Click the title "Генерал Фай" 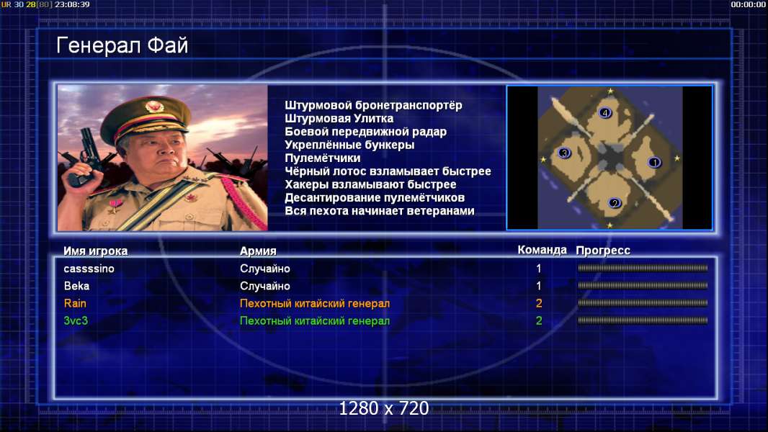[x=122, y=45]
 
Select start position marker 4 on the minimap [x=605, y=113]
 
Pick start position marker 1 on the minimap [x=654, y=162]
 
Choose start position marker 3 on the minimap [x=564, y=153]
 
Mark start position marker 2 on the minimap [x=615, y=202]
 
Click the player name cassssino [x=89, y=269]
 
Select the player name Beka [x=76, y=286]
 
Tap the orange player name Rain [x=75, y=303]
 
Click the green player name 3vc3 [x=76, y=321]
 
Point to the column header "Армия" [x=258, y=251]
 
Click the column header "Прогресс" [x=603, y=251]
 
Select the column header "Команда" [x=542, y=250]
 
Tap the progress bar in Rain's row [x=643, y=303]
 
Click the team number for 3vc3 [x=539, y=321]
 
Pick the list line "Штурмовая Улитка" [x=339, y=118]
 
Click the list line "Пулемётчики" [x=322, y=158]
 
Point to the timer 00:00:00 [x=749, y=4]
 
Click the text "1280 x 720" [x=384, y=408]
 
